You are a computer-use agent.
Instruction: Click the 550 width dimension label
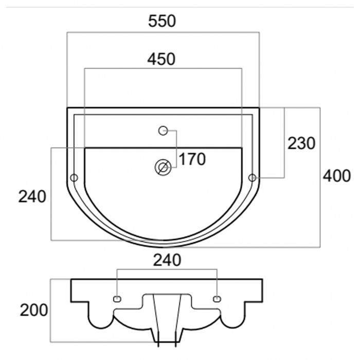pos(162,21)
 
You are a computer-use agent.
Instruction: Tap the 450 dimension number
pos(161,59)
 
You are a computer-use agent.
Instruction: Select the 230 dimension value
pos(301,143)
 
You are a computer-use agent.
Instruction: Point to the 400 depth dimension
pos(337,176)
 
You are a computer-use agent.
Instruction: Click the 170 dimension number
pos(192,159)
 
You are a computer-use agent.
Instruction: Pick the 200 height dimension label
pos(34,310)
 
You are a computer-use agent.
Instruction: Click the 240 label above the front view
pos(167,260)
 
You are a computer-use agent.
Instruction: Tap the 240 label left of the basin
pos(32,197)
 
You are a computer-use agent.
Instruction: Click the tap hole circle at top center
pos(163,131)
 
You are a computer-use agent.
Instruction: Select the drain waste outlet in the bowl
pos(163,167)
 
